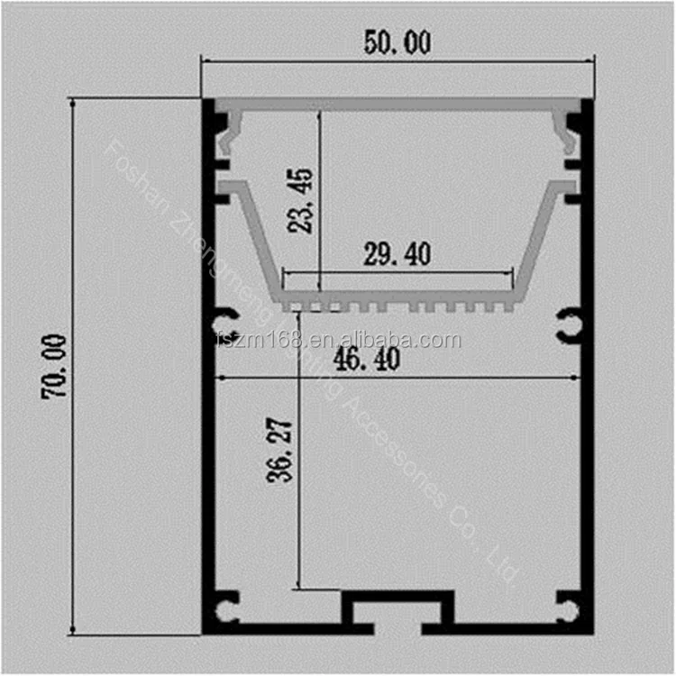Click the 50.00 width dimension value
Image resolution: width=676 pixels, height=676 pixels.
point(397,42)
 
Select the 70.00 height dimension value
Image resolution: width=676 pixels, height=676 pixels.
point(54,366)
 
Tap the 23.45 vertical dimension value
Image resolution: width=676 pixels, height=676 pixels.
point(300,200)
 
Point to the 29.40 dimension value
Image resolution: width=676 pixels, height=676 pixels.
point(397,254)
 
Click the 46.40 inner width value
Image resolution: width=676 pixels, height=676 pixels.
point(367,359)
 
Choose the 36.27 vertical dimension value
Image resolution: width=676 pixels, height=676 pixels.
point(279,449)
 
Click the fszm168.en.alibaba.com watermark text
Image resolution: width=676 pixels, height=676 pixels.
point(339,340)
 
